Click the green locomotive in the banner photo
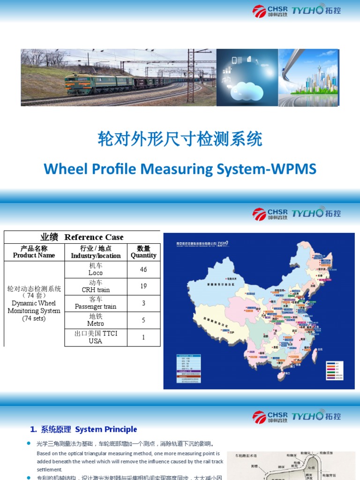[x=94, y=83]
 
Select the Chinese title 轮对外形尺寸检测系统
[x=180, y=139]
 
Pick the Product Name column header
[x=34, y=252]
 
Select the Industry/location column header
[x=96, y=252]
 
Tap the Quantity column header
[x=143, y=252]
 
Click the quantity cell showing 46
[x=143, y=270]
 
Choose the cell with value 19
[x=143, y=286]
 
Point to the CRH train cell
[x=96, y=286]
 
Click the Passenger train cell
[x=96, y=303]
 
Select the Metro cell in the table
[x=96, y=320]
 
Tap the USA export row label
[x=96, y=337]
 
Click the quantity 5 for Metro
[x=143, y=320]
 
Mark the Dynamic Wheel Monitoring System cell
[x=34, y=304]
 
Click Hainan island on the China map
[x=282, y=375]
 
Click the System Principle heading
[x=84, y=429]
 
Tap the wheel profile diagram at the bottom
[x=291, y=465]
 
